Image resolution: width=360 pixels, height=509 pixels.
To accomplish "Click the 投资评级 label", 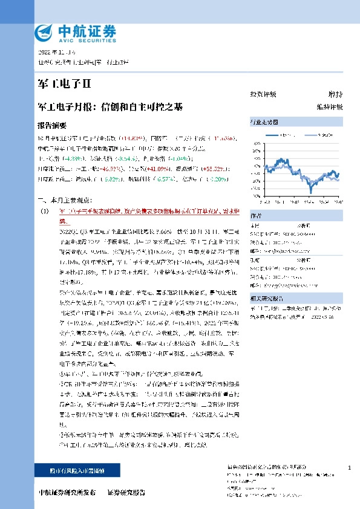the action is (263, 95).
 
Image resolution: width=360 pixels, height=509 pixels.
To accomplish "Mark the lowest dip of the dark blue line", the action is (311, 192).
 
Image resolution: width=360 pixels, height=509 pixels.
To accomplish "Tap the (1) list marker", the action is (44, 210).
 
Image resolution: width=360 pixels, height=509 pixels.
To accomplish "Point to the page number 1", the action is (350, 468).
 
